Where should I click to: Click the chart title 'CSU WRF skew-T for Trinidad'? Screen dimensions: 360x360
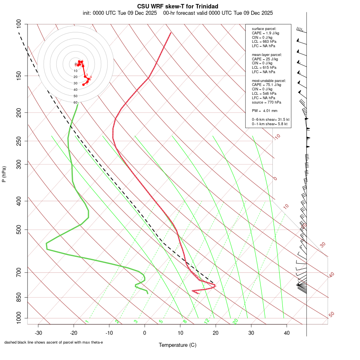(x=178, y=6)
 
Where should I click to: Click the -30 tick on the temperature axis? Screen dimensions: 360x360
(x=38, y=332)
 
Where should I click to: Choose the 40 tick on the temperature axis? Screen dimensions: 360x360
(x=287, y=332)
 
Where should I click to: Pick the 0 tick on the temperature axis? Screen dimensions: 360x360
(x=145, y=332)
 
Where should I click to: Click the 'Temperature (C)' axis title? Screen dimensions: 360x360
(x=178, y=345)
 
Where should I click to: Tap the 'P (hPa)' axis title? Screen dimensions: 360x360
(x=4, y=174)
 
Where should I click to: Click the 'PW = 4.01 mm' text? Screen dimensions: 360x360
(x=262, y=111)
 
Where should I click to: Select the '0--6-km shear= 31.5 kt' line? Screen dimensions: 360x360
(x=270, y=119)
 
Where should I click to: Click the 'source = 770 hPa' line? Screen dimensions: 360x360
(x=266, y=102)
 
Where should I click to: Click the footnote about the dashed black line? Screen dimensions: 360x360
(x=54, y=342)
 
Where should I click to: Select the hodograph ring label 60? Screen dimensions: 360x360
(x=75, y=102)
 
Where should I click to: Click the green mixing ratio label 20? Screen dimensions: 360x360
(x=235, y=321)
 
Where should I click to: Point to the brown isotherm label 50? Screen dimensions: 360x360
(x=331, y=315)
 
